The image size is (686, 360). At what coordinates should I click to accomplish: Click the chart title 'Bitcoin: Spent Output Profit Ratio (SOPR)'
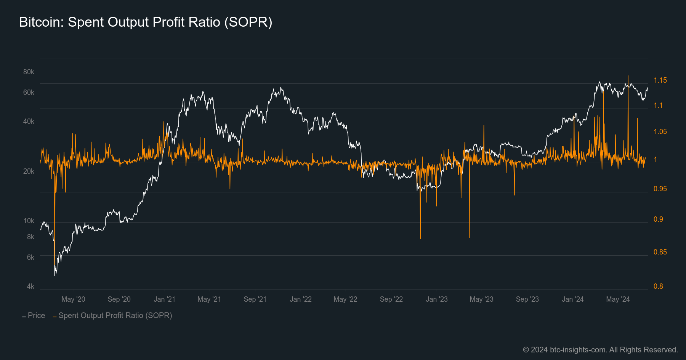146,22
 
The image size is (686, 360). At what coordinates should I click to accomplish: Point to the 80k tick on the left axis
29,72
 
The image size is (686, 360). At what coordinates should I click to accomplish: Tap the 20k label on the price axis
29,171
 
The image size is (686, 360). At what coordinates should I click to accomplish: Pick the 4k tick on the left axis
30,286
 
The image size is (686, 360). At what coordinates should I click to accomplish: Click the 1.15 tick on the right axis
660,80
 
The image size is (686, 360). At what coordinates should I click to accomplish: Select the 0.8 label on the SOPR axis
658,286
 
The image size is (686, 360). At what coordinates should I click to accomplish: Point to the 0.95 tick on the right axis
660,189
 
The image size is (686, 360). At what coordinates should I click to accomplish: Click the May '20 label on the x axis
73,299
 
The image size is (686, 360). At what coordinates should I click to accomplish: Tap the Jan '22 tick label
301,299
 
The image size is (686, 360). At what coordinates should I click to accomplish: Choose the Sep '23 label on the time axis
527,299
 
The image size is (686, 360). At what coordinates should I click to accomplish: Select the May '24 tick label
618,299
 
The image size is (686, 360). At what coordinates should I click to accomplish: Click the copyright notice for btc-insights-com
600,350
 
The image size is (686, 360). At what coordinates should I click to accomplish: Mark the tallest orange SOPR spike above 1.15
628,76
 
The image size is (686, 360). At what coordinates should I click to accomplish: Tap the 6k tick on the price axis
30,258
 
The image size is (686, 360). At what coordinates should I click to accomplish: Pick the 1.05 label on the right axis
660,132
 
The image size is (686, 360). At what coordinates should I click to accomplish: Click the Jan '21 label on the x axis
164,299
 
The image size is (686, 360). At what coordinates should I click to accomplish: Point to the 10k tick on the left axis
29,221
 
